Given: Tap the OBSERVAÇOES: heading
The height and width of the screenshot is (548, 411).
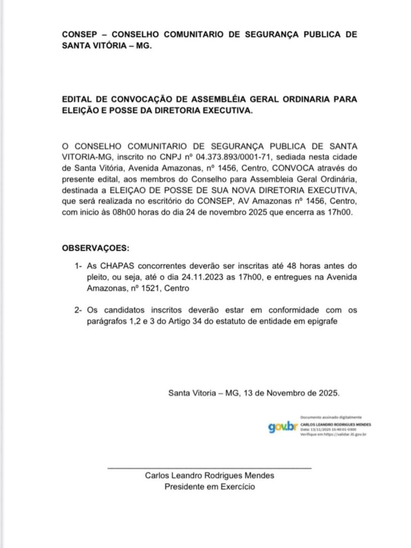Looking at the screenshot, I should (x=96, y=249).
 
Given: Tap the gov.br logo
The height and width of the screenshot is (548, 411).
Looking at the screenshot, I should (x=283, y=427).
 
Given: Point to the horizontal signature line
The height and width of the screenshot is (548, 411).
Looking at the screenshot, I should (x=209, y=468).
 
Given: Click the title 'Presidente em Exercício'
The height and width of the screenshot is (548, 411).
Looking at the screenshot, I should (x=210, y=487).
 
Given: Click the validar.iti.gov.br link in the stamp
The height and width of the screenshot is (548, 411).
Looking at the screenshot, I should (x=346, y=435).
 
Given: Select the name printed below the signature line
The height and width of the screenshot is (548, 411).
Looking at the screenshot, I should (x=210, y=476).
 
